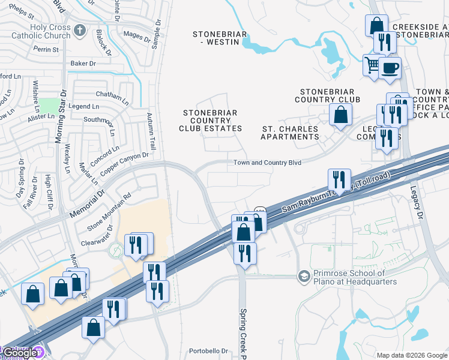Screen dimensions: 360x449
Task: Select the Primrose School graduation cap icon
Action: click(304, 276)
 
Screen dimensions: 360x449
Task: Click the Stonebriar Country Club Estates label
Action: click(210, 121)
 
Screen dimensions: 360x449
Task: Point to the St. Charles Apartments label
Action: click(290, 132)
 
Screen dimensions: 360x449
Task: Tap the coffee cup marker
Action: click(390, 68)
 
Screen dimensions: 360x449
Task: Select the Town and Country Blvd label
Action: click(267, 163)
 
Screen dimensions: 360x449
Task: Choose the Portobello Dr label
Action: click(206, 351)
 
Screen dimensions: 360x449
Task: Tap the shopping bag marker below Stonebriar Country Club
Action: click(340, 114)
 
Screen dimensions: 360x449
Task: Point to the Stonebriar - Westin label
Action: click(219, 38)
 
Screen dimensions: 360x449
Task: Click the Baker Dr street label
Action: click(83, 63)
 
